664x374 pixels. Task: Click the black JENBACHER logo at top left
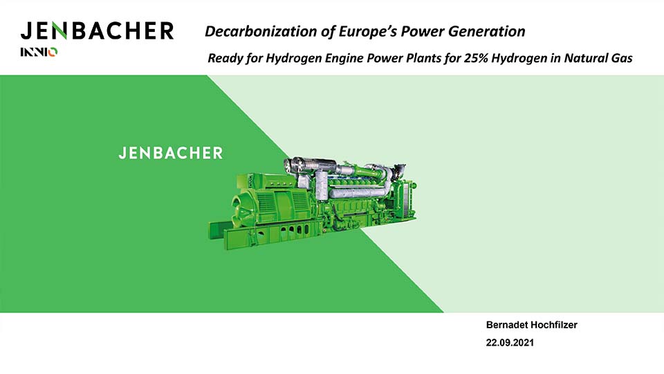point(97,31)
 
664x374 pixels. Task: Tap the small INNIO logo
point(39,52)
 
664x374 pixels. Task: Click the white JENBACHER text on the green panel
point(171,153)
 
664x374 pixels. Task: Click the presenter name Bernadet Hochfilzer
point(531,325)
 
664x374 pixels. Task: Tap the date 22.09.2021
point(510,343)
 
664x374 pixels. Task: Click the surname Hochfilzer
point(553,325)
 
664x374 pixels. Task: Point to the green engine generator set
point(313,203)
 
